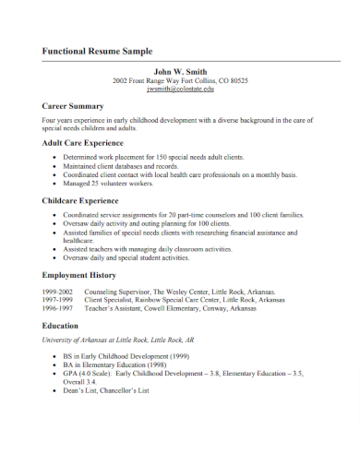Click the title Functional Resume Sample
tap(97, 52)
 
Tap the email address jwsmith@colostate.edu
tap(181, 90)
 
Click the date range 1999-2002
tap(58, 292)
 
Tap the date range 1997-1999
tap(58, 300)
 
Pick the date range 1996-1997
tap(58, 309)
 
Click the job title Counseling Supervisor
tap(116, 292)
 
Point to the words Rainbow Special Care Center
tap(174, 300)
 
